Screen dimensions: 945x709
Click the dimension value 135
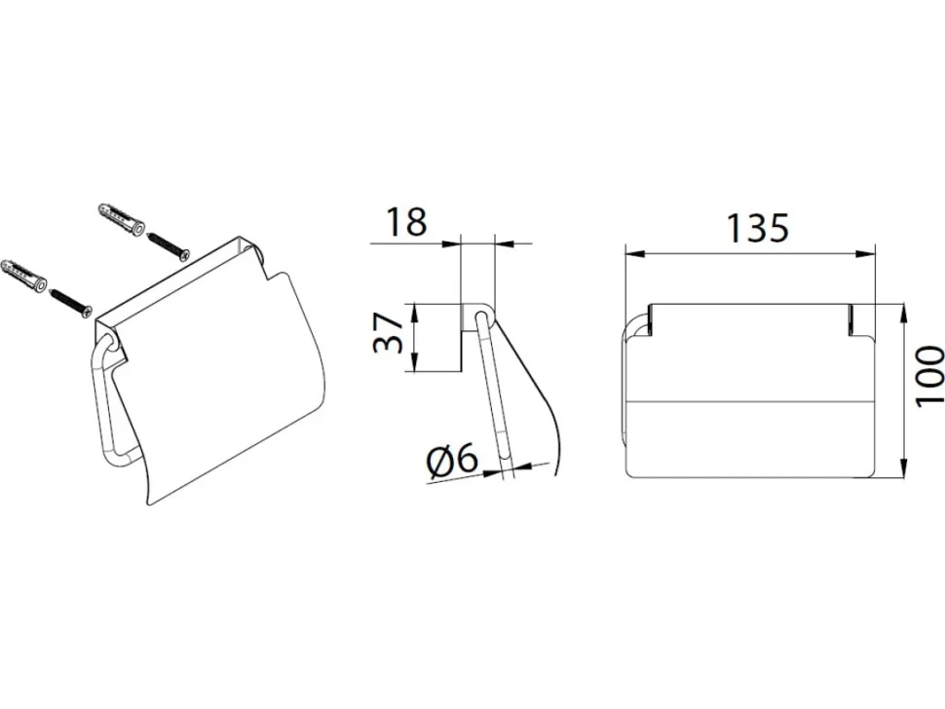coord(758,227)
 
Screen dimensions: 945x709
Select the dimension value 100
coord(928,377)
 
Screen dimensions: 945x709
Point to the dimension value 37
coord(388,332)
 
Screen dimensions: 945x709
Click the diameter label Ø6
coord(452,462)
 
